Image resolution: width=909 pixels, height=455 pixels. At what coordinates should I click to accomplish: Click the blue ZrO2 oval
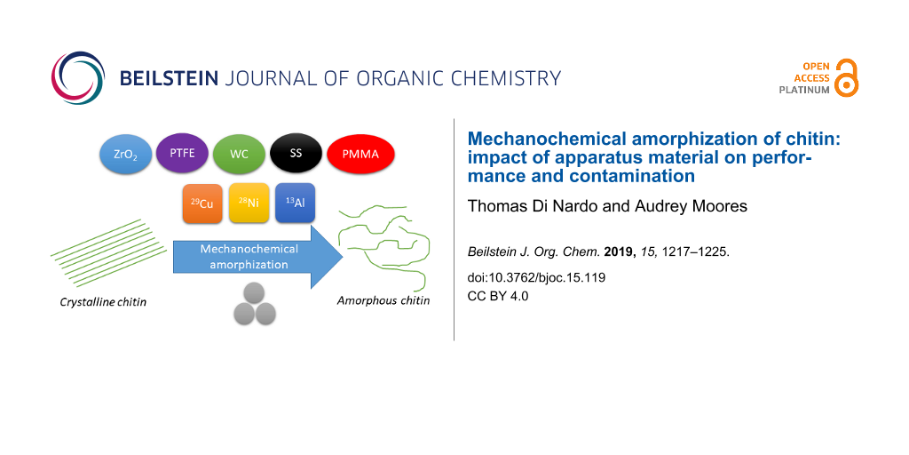click(x=126, y=156)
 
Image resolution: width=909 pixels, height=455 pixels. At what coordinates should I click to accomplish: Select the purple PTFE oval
click(x=183, y=155)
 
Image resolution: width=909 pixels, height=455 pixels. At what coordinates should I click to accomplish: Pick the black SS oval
click(x=296, y=153)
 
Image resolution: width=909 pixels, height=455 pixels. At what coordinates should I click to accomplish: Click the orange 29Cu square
click(x=202, y=204)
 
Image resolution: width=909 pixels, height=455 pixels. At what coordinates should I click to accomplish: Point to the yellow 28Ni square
click(x=249, y=204)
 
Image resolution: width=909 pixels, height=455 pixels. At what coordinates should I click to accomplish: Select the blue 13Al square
click(x=295, y=203)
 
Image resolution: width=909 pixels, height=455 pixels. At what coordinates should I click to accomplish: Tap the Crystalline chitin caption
click(x=103, y=302)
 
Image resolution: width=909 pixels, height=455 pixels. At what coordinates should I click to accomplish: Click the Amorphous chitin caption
click(x=383, y=300)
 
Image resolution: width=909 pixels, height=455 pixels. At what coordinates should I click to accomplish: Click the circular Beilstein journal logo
click(x=78, y=78)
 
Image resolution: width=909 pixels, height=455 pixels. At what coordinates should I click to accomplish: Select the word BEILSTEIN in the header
click(x=169, y=78)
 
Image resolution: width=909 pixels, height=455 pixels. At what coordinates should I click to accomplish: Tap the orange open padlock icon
click(x=847, y=77)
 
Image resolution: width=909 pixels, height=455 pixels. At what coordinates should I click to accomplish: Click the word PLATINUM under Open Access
click(x=805, y=90)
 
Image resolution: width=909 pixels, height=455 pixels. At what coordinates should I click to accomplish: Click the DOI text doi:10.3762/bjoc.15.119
click(x=536, y=277)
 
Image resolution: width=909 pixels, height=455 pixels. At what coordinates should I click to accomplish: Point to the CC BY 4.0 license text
click(x=498, y=296)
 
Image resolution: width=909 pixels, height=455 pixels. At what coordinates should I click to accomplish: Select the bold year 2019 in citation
click(x=615, y=253)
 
